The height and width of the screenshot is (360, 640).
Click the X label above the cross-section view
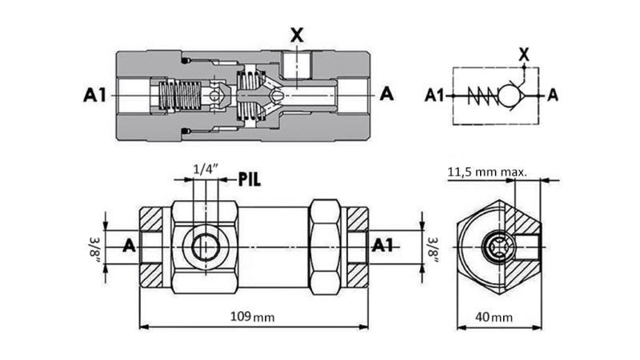point(297,34)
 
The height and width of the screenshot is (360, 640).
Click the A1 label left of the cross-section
point(95,95)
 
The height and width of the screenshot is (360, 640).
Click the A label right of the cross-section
point(386,94)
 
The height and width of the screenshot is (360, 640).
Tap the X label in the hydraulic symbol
point(524,54)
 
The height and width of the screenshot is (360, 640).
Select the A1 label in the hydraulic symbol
point(434,96)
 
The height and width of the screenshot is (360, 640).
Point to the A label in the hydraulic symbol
point(551,96)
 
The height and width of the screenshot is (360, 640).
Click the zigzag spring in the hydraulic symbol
point(479,96)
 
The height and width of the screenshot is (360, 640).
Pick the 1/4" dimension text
point(204,169)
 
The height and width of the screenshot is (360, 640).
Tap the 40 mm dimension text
point(498,317)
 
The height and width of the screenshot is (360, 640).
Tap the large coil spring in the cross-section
point(180,97)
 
